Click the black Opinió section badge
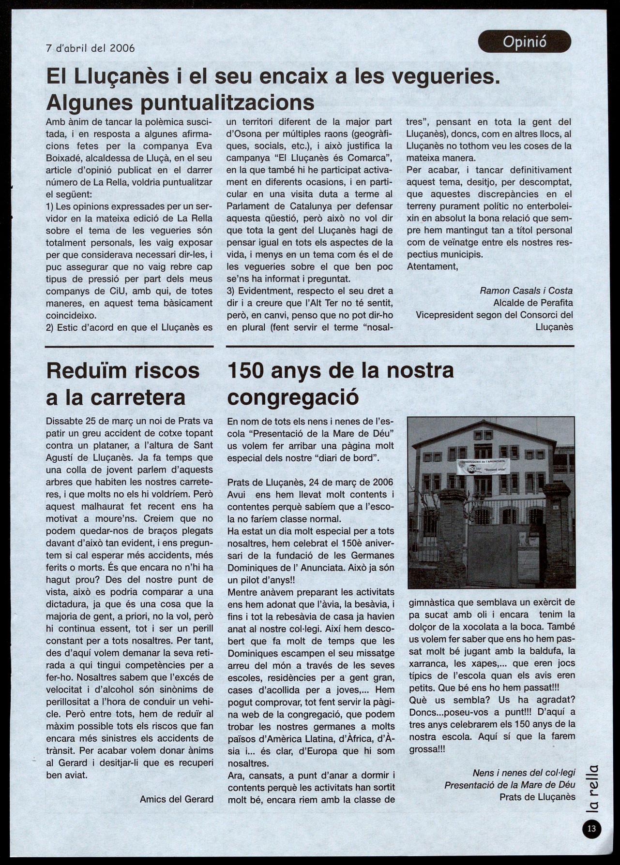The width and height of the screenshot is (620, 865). [x=524, y=42]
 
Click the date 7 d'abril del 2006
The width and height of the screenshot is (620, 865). [x=90, y=48]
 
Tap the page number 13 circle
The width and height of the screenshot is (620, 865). [x=591, y=829]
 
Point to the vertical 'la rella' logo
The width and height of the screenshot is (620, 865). [x=594, y=787]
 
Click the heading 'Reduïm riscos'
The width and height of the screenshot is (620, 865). [x=123, y=371]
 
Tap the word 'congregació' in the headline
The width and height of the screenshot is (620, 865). [x=293, y=397]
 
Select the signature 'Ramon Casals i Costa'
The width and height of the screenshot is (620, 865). [x=526, y=291]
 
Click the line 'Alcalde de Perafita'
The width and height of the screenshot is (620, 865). [x=533, y=303]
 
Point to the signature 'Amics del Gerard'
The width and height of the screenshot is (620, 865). [x=176, y=799]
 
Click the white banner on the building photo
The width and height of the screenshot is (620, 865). [x=483, y=467]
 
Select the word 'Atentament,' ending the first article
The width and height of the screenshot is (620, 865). [x=432, y=266]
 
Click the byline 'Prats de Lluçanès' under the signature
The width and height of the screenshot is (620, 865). [x=537, y=797]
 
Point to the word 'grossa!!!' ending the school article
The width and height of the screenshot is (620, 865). [x=427, y=748]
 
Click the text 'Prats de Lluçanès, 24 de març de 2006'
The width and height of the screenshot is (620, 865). [x=310, y=482]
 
